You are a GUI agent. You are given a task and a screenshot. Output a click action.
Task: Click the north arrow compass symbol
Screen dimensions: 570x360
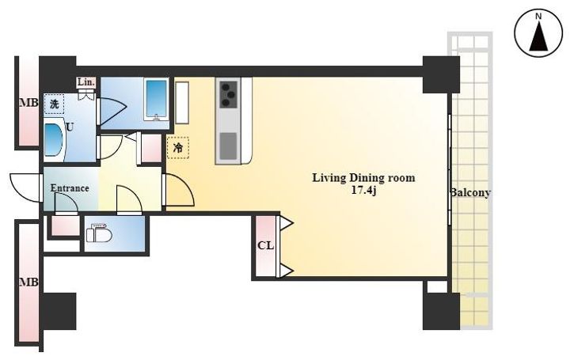[539, 34]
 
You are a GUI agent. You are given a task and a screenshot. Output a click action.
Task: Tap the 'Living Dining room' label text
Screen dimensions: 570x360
[363, 178]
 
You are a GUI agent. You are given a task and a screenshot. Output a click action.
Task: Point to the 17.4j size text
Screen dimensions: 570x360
[363, 191]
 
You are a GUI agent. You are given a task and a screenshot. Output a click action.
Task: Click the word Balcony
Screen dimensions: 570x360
[470, 192]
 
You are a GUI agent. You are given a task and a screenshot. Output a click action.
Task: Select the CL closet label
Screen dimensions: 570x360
[265, 245]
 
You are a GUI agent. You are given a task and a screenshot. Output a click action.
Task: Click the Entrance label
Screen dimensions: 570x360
[70, 188]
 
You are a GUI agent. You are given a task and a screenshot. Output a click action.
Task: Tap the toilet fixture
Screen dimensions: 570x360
[99, 233]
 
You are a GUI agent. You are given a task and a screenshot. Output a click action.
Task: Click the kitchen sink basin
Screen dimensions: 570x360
[229, 146]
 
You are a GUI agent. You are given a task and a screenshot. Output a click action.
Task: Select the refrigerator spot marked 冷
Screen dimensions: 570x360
[178, 147]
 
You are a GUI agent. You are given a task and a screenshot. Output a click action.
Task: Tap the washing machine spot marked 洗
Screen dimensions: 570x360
[54, 104]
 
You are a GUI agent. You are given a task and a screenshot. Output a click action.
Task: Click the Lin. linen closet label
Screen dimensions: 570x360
[86, 82]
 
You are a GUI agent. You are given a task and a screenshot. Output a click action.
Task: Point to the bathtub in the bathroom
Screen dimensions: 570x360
[156, 99]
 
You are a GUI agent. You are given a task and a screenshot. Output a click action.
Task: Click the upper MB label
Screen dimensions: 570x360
[28, 103]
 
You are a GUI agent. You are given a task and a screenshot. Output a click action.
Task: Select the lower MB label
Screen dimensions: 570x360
[28, 282]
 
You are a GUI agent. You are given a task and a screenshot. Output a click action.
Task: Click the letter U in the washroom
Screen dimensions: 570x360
[70, 127]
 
